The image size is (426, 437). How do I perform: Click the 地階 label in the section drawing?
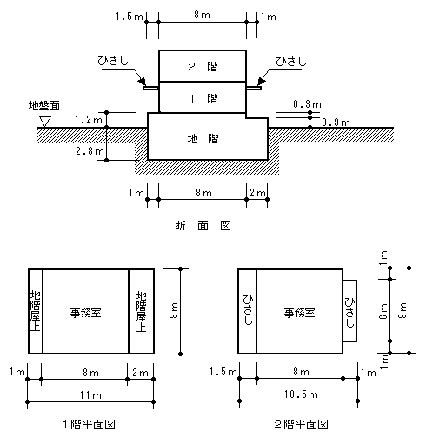point(203,139)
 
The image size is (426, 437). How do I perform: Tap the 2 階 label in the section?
point(203,67)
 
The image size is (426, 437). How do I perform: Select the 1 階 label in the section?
point(203,99)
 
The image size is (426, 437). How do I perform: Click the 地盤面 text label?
point(44,105)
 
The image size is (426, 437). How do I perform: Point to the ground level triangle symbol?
point(45,122)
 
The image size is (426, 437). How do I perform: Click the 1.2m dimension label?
point(89,119)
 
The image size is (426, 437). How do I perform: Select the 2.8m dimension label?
point(90,150)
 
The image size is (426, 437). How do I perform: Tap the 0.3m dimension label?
point(307,104)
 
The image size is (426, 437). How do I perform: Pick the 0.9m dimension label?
point(336,122)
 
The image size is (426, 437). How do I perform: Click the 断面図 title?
point(203,225)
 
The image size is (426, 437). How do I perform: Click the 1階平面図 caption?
point(89,425)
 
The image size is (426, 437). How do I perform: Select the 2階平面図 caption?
point(301,425)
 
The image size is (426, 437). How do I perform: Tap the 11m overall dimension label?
point(90,395)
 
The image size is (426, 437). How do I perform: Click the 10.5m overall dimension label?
point(301,394)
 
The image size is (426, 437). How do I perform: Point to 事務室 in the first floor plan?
point(85,313)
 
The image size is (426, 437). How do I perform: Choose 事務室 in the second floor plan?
point(299,313)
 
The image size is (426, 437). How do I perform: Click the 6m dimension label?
point(383,311)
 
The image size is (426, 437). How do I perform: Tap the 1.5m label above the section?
point(130,17)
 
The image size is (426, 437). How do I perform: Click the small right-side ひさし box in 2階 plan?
point(349,311)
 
